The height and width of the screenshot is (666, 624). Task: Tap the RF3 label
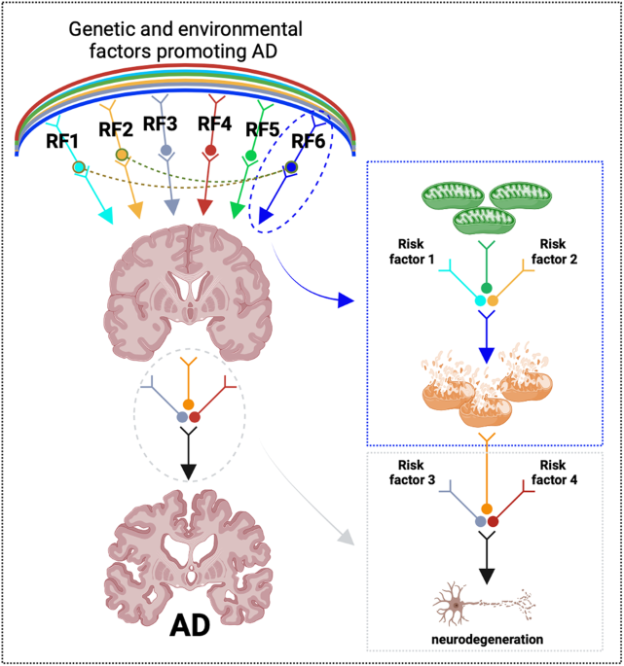(x=161, y=123)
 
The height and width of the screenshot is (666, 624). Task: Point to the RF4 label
(x=215, y=123)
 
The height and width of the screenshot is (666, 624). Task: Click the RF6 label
(x=311, y=141)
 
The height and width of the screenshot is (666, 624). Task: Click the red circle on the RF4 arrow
(x=210, y=152)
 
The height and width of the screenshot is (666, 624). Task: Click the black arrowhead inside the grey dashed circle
(x=190, y=470)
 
